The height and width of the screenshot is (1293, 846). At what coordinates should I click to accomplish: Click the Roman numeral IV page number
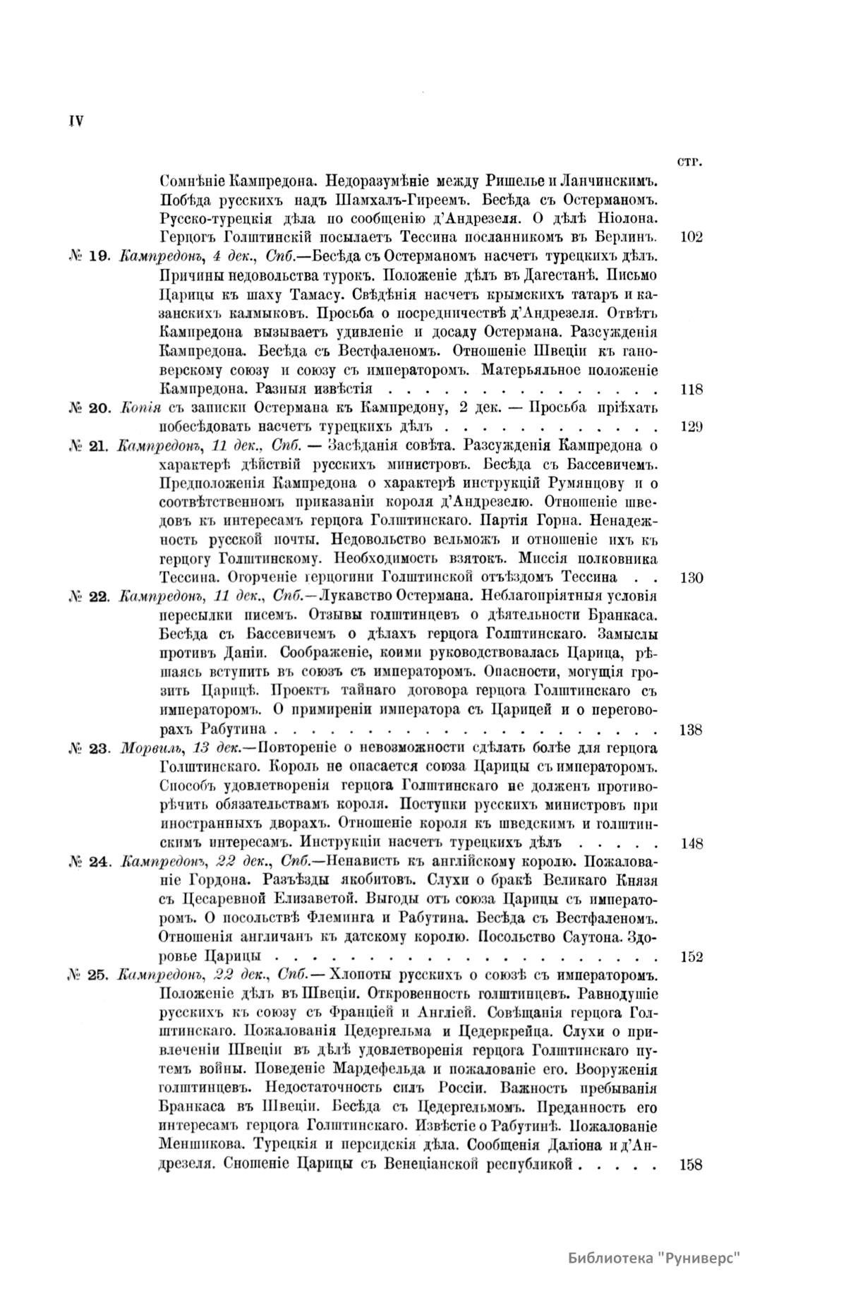coord(76,121)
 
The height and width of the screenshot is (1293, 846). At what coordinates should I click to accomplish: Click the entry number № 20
coord(89,408)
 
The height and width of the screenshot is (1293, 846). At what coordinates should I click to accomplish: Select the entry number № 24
coord(89,863)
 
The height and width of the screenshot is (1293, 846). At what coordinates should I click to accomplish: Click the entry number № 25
coord(89,977)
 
